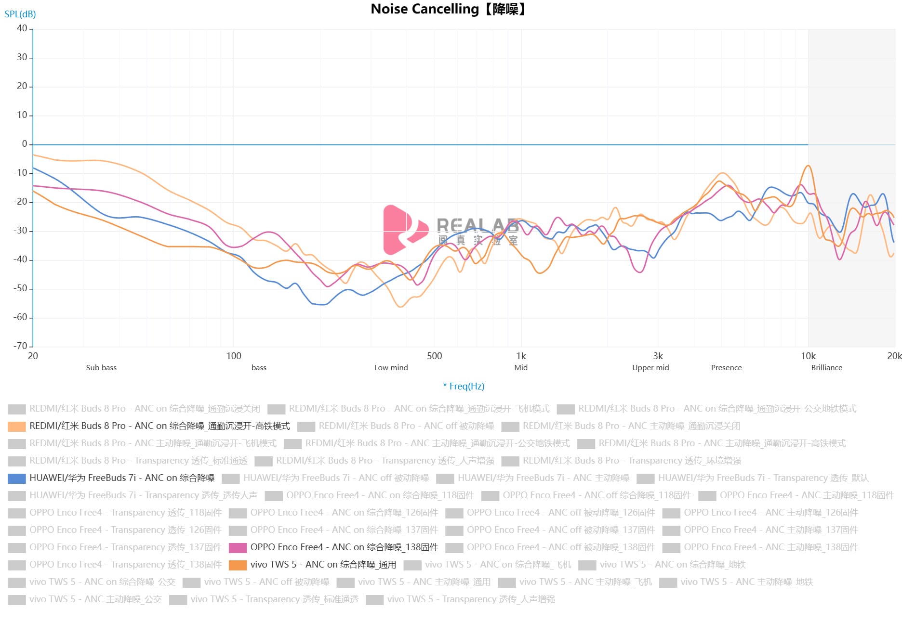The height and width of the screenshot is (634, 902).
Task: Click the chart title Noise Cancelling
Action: [x=448, y=9]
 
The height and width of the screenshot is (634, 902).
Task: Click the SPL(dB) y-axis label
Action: [x=20, y=14]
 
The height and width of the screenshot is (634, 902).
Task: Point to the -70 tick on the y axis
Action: [x=20, y=346]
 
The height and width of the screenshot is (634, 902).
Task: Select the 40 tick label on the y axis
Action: [x=22, y=28]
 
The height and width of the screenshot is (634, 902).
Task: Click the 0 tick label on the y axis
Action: [x=25, y=144]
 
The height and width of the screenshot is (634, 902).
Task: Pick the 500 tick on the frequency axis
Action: [x=434, y=356]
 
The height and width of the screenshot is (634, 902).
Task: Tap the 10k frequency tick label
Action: [x=808, y=356]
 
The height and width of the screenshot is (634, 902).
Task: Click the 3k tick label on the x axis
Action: [x=658, y=356]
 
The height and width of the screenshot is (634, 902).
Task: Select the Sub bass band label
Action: [x=101, y=367]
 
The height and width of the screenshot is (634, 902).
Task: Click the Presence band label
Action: [x=726, y=367]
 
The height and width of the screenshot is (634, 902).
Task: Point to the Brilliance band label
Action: [x=826, y=367]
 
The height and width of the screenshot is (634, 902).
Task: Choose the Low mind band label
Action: [x=391, y=367]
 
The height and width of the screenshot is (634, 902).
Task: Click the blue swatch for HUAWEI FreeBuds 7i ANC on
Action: [x=17, y=478]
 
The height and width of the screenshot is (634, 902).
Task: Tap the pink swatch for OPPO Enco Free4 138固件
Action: [x=238, y=547]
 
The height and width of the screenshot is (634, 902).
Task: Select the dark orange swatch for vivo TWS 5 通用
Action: [x=238, y=565]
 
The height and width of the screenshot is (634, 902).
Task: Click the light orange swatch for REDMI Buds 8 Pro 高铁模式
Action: [x=17, y=426]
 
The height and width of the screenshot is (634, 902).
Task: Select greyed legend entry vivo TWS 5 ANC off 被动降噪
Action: [x=266, y=582]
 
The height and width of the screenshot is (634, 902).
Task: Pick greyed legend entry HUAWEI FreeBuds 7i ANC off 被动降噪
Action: [x=336, y=478]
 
